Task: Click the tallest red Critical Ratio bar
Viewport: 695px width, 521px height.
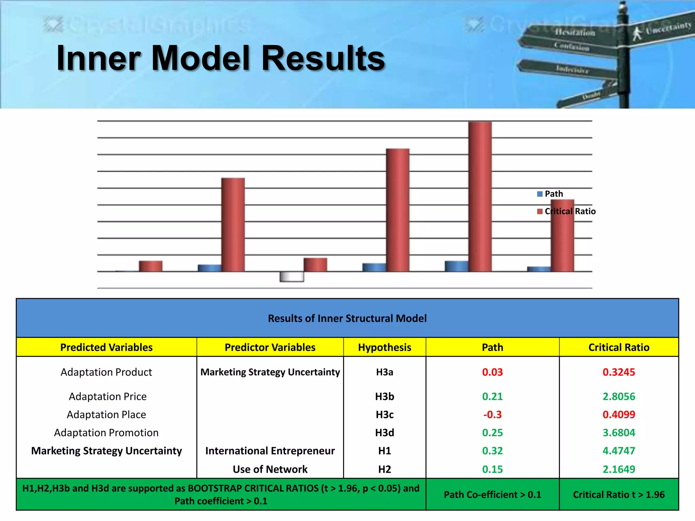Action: click(x=480, y=197)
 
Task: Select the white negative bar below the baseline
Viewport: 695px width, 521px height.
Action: click(x=292, y=277)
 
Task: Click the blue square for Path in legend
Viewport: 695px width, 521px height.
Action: click(x=540, y=194)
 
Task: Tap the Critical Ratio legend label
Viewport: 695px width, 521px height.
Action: click(x=570, y=211)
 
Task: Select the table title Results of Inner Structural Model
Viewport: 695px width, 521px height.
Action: click(x=347, y=318)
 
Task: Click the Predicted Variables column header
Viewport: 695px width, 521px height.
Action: click(x=106, y=347)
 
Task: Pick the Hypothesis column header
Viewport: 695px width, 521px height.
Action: click(x=384, y=347)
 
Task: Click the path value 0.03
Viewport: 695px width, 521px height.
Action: click(x=492, y=372)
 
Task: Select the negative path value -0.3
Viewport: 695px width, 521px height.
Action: click(x=492, y=414)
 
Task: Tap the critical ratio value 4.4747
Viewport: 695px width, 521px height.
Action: click(x=619, y=451)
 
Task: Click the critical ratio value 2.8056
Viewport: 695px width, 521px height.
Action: click(x=619, y=397)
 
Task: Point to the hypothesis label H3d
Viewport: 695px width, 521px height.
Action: click(x=384, y=433)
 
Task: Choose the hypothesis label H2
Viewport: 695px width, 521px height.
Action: click(x=384, y=469)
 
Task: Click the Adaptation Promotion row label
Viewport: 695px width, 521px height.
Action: click(x=106, y=433)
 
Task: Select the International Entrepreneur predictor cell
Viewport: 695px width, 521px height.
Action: click(x=270, y=451)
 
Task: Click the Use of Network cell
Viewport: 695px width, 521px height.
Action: click(x=270, y=469)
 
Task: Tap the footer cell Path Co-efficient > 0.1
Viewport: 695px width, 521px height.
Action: click(x=492, y=495)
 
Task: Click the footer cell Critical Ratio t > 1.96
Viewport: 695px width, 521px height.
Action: click(x=619, y=495)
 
